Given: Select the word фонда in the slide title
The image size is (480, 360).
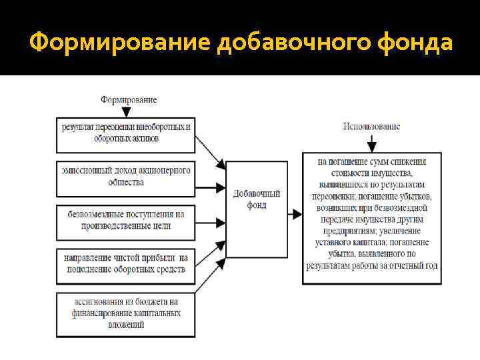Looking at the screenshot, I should [x=415, y=43].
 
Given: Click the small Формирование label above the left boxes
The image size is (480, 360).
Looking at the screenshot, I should [x=129, y=99].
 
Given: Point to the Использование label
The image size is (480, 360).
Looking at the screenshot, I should [x=371, y=126].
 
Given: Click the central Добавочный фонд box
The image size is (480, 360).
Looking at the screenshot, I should [x=256, y=209].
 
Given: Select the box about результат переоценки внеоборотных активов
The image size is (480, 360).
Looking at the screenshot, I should [x=126, y=133].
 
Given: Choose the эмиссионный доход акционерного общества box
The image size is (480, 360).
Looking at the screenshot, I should [x=126, y=177].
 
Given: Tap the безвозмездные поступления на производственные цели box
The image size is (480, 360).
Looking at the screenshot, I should [x=126, y=221].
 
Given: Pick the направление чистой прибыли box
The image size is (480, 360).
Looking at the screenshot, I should [x=126, y=264].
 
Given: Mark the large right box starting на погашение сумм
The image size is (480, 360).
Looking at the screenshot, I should [x=372, y=218].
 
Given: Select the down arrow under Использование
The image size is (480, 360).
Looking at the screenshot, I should [x=371, y=142].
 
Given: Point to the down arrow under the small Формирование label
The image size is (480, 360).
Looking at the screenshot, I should [x=128, y=111].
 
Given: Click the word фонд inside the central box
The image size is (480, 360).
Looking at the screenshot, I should [x=256, y=206].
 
